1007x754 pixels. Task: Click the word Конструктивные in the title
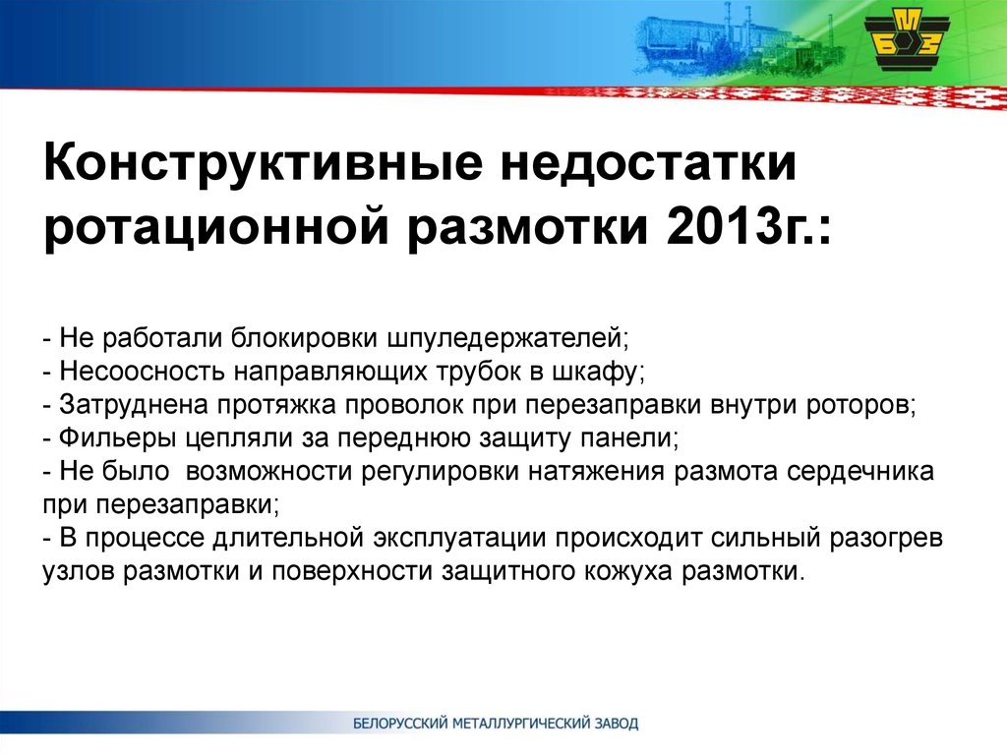click(262, 162)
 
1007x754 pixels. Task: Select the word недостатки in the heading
click(649, 164)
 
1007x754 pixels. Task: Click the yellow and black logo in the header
click(906, 41)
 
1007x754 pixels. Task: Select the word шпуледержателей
click(507, 338)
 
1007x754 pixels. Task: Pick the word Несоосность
click(142, 372)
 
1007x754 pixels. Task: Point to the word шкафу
click(601, 373)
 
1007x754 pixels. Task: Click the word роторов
click(860, 406)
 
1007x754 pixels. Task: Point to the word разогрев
click(886, 538)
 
